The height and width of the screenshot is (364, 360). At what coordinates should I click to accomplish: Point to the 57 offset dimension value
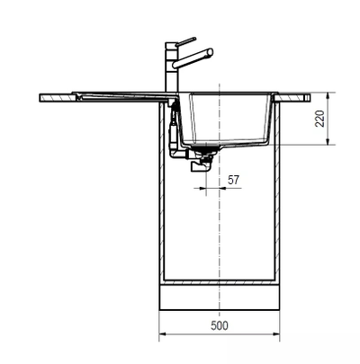[x=232, y=181]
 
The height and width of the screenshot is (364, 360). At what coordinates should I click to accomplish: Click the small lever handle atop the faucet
[x=184, y=41]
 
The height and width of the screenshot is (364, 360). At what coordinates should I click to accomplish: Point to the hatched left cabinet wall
[x=163, y=198]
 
